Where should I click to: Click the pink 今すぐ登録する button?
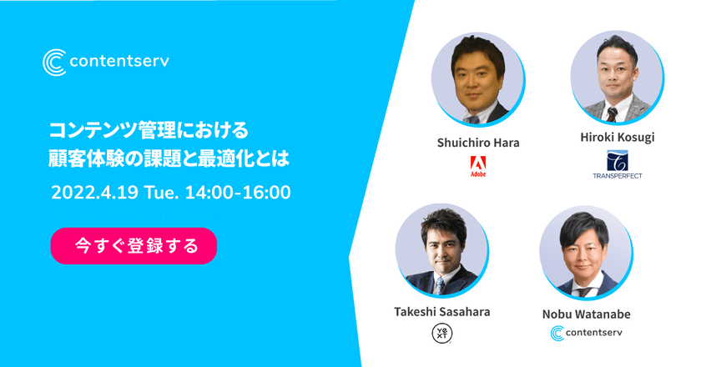pyautogui.click(x=134, y=246)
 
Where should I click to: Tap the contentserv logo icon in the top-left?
pyautogui.click(x=54, y=62)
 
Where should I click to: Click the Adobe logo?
pyautogui.click(x=478, y=166)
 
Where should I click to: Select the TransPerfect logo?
pyautogui.click(x=618, y=164)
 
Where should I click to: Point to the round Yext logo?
pyautogui.click(x=441, y=334)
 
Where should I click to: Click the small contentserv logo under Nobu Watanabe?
pyautogui.click(x=586, y=333)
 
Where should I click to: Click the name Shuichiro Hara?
pyautogui.click(x=478, y=143)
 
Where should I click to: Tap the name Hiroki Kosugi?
pyautogui.click(x=618, y=138)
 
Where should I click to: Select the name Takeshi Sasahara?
pyautogui.click(x=441, y=312)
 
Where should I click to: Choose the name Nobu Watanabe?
pyautogui.click(x=586, y=314)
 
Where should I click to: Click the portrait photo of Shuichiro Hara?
pyautogui.click(x=478, y=79)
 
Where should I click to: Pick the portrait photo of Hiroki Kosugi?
pyautogui.click(x=617, y=77)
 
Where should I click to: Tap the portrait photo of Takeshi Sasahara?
pyautogui.click(x=441, y=251)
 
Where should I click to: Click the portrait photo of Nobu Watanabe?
pyautogui.click(x=586, y=253)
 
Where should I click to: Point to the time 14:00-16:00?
pyautogui.click(x=238, y=193)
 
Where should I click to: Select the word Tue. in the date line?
pyautogui.click(x=161, y=193)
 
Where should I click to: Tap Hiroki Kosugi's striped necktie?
pyautogui.click(x=612, y=114)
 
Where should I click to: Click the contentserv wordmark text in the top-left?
pyautogui.click(x=119, y=61)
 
